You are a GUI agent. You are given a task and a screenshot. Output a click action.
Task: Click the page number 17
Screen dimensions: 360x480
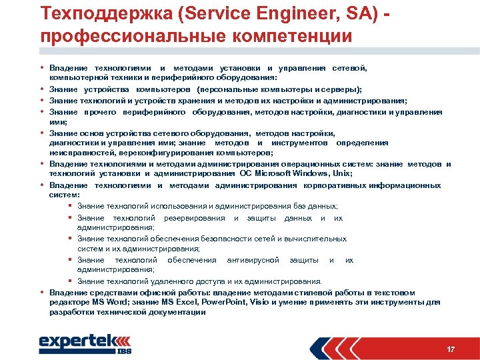pos(451,349)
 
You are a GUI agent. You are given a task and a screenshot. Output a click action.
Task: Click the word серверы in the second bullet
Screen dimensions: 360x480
pos(340,89)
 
